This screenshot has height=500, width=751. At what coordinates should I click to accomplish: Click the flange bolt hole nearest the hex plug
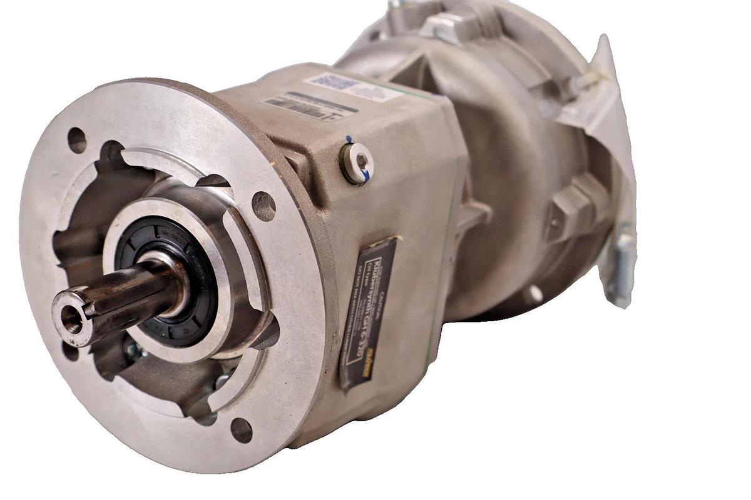click(x=263, y=206)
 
